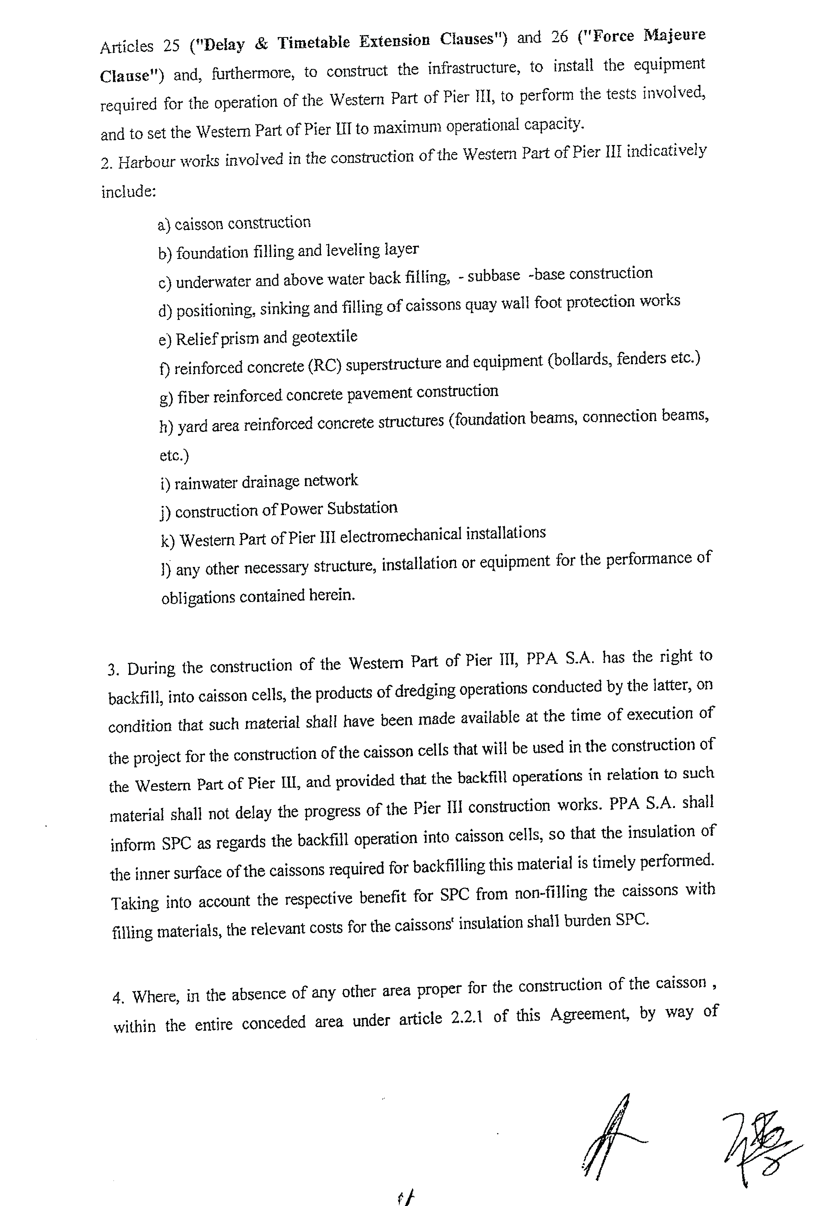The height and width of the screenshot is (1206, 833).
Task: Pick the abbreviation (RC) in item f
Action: click(324, 365)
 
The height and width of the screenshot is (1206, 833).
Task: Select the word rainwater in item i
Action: click(205, 483)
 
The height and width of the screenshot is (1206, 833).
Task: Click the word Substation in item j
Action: click(362, 508)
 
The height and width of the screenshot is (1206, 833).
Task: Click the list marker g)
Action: click(166, 399)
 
